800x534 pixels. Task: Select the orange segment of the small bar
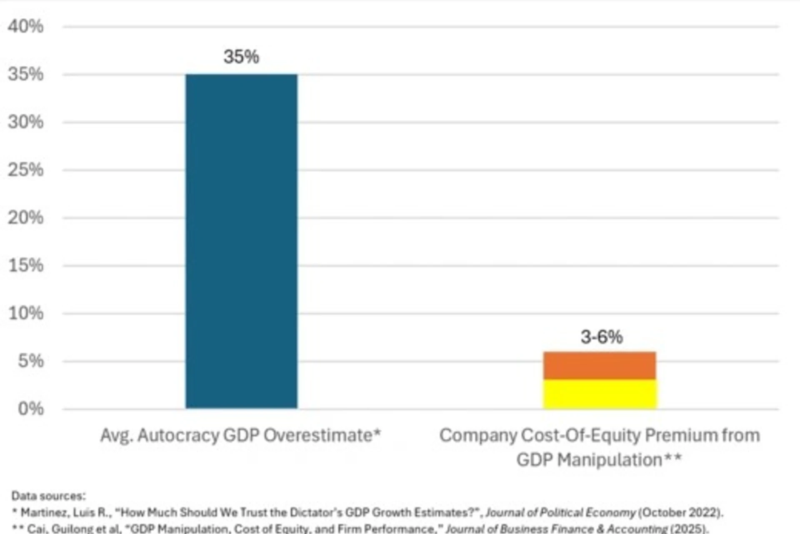coord(600,365)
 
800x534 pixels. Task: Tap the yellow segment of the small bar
coord(600,394)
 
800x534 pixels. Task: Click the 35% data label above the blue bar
coord(241,57)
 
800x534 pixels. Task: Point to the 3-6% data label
coord(601,337)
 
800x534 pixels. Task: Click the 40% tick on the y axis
coord(25,27)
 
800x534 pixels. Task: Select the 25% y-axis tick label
coord(25,170)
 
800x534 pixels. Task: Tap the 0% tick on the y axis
coord(30,409)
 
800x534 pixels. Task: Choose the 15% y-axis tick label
coord(25,265)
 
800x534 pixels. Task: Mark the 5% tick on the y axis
coord(30,361)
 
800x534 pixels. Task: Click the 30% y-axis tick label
coord(25,122)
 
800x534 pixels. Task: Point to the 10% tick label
coord(25,313)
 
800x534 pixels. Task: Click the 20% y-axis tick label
coord(25,218)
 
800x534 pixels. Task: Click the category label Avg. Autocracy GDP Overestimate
coord(240,436)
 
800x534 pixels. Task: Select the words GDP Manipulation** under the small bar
coord(599,460)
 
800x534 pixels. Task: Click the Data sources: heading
coord(48,496)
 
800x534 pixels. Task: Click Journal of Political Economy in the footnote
coord(560,512)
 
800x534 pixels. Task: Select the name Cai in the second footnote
coord(35,529)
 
